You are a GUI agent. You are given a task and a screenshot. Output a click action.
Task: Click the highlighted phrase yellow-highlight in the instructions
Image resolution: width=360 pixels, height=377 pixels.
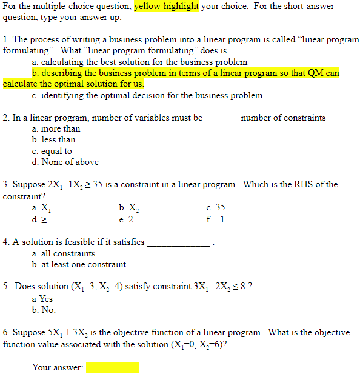coord(166,7)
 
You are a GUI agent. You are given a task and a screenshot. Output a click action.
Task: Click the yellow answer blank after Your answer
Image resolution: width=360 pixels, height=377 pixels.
coord(113,367)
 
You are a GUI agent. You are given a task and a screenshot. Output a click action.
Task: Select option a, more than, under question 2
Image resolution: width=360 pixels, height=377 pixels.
coord(56,128)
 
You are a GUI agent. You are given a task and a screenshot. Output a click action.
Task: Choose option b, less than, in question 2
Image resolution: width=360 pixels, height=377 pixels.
coord(53,139)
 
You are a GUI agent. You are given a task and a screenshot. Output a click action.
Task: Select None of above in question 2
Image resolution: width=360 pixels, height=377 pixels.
coord(65,162)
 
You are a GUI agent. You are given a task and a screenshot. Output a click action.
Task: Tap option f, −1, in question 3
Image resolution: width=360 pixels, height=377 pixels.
coord(215,219)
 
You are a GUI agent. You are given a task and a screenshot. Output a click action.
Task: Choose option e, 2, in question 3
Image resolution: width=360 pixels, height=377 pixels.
coord(127,219)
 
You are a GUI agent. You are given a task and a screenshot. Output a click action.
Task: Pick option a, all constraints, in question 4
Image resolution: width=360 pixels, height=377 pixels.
coord(64,253)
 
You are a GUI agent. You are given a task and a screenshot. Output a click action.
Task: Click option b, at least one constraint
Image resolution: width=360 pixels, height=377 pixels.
coord(80,264)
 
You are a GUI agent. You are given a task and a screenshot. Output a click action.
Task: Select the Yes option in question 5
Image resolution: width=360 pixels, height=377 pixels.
coord(42,299)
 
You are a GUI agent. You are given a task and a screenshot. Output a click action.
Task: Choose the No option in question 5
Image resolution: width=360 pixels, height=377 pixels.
coord(43,310)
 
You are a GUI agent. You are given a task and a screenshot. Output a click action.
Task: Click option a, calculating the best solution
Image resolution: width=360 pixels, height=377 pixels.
coord(139,62)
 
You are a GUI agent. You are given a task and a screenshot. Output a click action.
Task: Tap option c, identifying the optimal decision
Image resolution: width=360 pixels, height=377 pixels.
coord(147,95)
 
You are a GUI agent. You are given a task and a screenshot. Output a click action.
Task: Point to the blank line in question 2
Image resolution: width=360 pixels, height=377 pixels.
coord(221,119)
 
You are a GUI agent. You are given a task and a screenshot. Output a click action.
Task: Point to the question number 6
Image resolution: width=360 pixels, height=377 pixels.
coord(6,332)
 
